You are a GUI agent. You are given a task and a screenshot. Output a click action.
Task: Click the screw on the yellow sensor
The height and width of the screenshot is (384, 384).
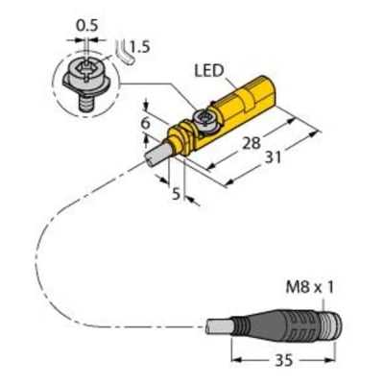pyautogui.click(x=204, y=117)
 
